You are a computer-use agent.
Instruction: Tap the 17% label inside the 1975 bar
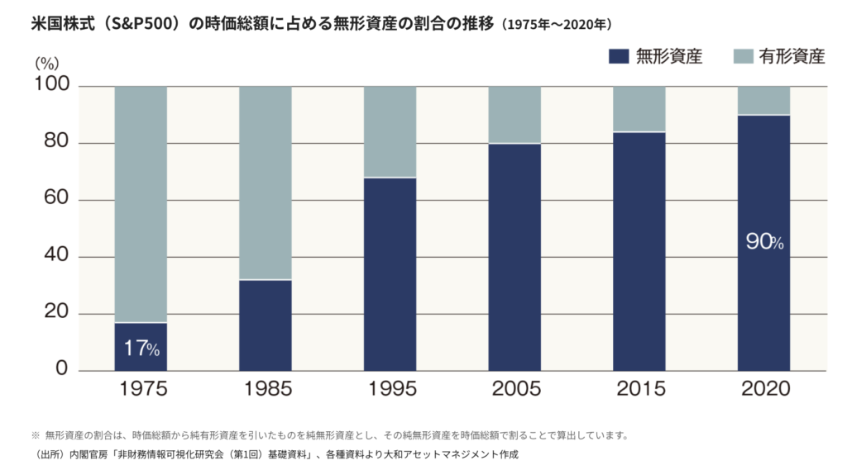point(141,349)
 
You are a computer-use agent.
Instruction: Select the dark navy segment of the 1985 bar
point(266,325)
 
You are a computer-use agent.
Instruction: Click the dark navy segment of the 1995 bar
point(390,274)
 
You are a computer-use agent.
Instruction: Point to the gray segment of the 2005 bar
point(514,115)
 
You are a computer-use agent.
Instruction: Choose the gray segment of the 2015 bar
point(639,109)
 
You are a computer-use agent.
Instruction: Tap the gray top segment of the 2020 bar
point(764,101)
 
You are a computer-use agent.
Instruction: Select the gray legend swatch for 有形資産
point(743,57)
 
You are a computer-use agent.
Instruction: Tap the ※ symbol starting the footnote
point(36,435)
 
